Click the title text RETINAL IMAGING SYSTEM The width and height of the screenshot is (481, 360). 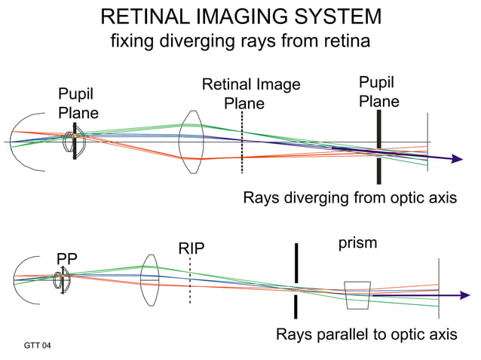[x=240, y=17]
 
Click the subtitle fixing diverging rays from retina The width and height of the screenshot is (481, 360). [x=240, y=41]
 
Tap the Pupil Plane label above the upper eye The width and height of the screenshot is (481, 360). [x=78, y=103]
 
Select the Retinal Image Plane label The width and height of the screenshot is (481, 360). [x=250, y=94]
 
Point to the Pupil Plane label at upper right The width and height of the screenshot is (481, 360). [x=378, y=91]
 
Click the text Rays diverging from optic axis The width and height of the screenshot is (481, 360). [x=350, y=199]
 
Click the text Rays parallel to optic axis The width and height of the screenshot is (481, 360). [x=366, y=334]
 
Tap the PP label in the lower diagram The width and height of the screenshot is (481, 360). [x=67, y=260]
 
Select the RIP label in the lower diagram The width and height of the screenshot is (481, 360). [x=191, y=248]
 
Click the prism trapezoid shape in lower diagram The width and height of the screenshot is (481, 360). [x=357, y=295]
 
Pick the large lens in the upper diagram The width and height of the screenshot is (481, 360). [x=192, y=142]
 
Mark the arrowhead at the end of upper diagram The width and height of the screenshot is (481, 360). [x=455, y=159]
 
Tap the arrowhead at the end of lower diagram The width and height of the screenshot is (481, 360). [x=455, y=296]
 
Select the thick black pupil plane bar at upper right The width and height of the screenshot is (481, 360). [x=378, y=148]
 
